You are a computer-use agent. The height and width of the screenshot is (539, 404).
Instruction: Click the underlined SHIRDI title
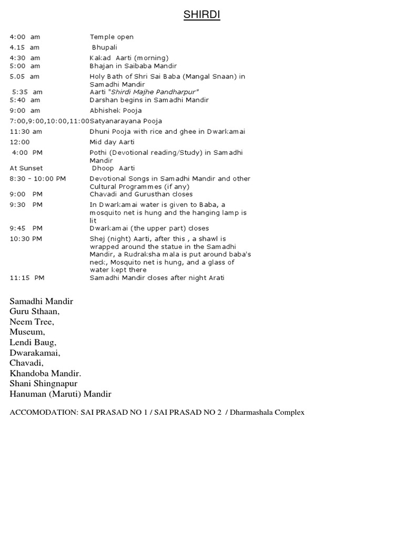coord(201,15)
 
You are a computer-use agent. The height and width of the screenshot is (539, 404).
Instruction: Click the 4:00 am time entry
coord(25,37)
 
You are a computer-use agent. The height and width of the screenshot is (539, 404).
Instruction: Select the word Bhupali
coord(106,47)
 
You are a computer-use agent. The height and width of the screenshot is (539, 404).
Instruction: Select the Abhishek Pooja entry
coord(116,111)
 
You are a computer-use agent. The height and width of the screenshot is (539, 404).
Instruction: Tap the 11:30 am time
coord(26,132)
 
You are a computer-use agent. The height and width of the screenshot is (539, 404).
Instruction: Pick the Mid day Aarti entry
coord(112,142)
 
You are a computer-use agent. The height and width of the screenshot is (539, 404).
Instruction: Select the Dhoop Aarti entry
coord(113,168)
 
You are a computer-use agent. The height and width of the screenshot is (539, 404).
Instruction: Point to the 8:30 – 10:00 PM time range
coord(38,179)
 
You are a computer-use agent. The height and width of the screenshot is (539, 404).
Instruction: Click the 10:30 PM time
coord(26,239)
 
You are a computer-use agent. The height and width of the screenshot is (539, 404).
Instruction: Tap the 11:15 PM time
coord(27,278)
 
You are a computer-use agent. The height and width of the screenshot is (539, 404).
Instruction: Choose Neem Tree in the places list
coord(32,322)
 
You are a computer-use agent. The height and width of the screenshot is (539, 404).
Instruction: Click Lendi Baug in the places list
coord(33,343)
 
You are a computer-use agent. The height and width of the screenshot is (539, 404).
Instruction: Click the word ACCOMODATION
coord(44,413)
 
